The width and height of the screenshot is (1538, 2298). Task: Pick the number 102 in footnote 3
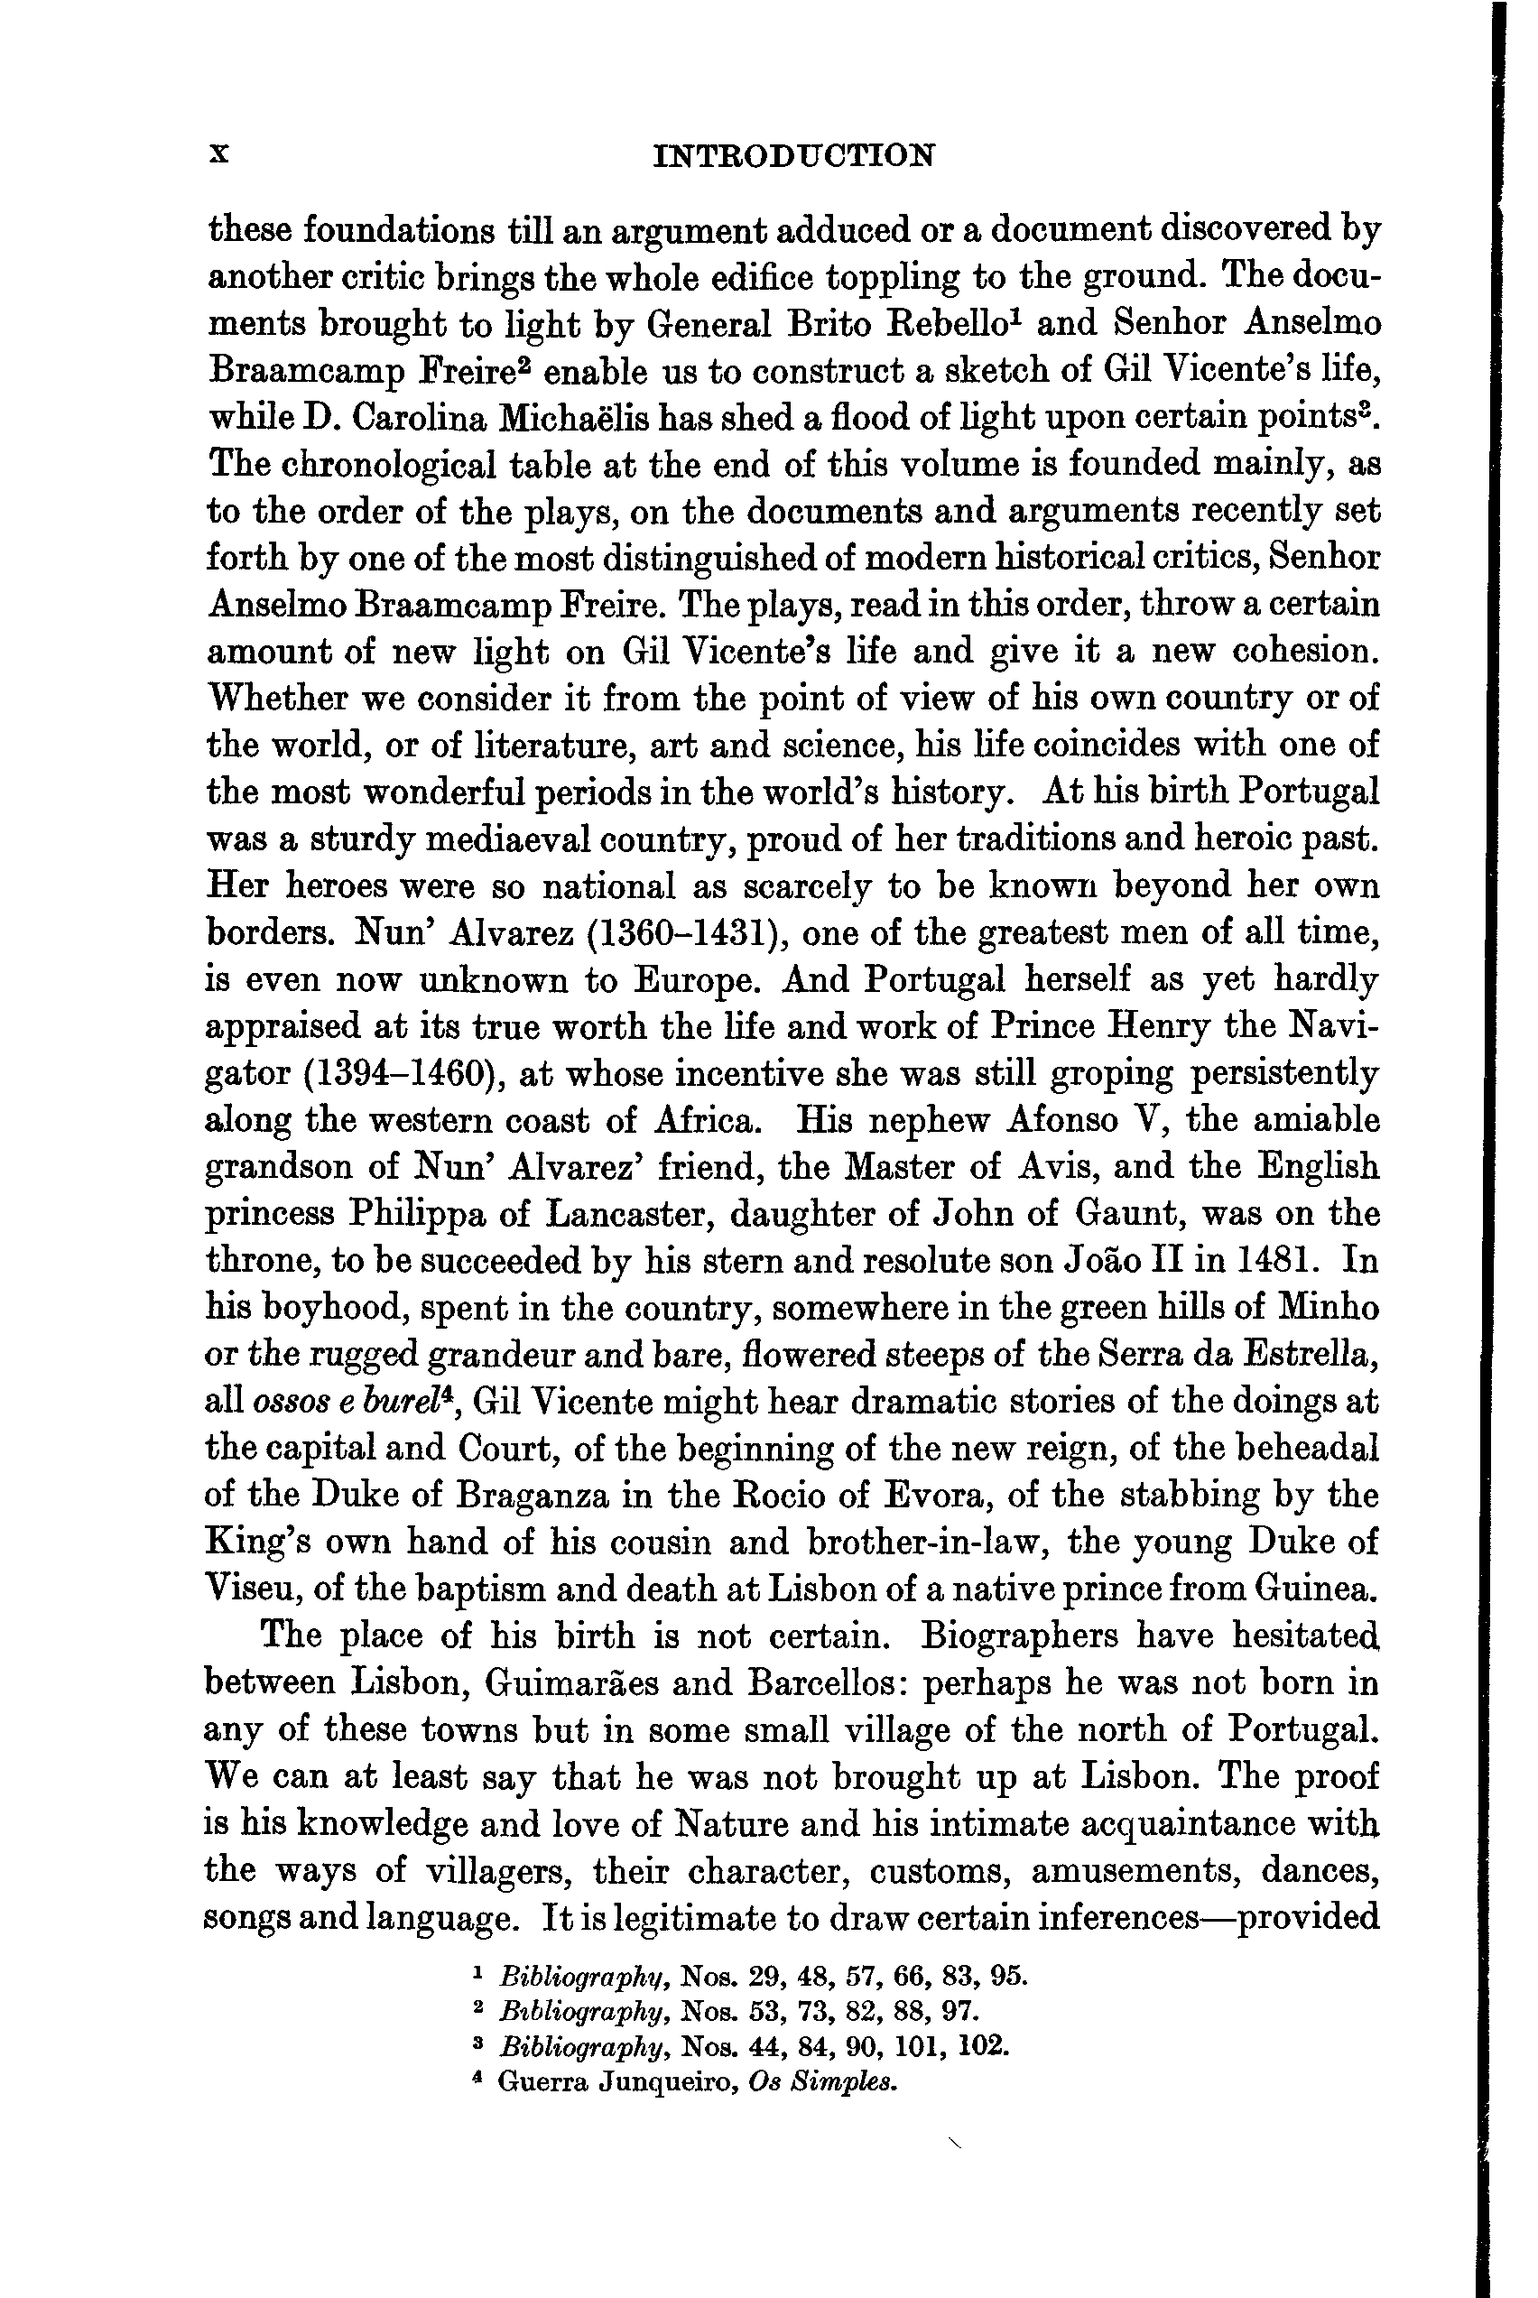tap(984, 2048)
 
